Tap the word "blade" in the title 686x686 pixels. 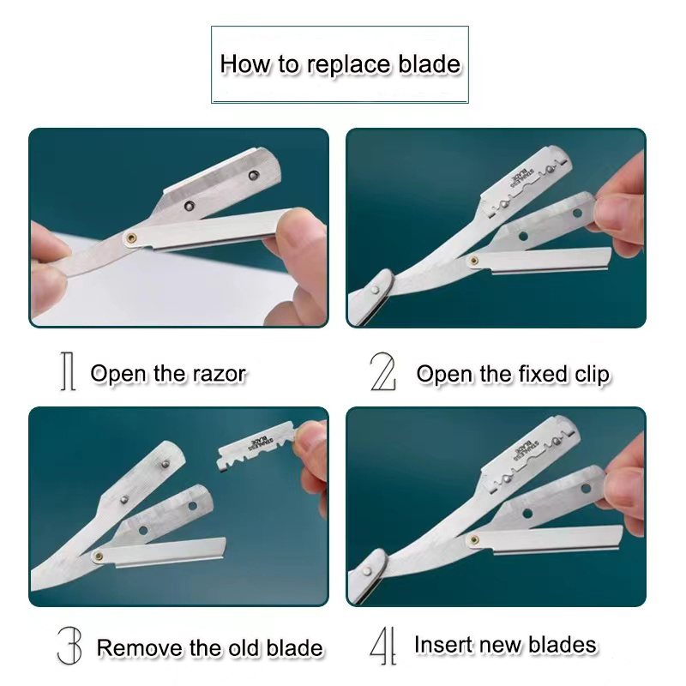pyautogui.click(x=430, y=64)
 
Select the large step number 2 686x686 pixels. pyautogui.click(x=382, y=374)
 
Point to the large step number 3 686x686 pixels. pyautogui.click(x=70, y=646)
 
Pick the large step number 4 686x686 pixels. pyautogui.click(x=382, y=646)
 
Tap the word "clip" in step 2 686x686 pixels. pyautogui.click(x=589, y=374)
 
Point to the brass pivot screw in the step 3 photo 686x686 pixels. pyautogui.click(x=100, y=555)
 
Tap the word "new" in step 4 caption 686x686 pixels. pyautogui.click(x=503, y=644)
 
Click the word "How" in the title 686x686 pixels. pyautogui.click(x=241, y=64)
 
